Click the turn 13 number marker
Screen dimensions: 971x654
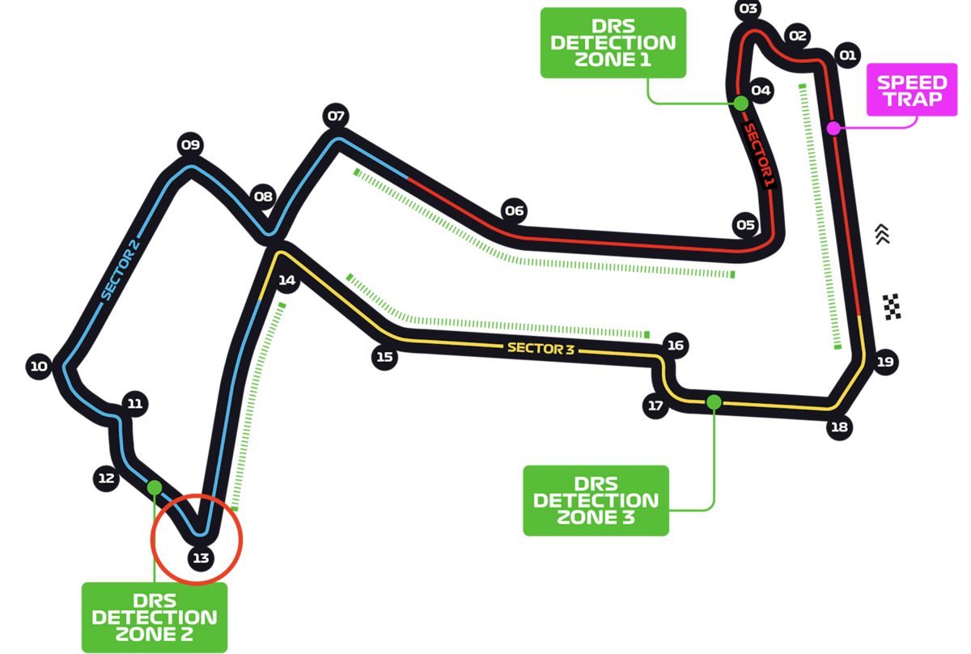tap(201, 558)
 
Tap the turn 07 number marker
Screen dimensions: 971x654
tap(336, 116)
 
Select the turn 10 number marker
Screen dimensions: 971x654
tap(39, 366)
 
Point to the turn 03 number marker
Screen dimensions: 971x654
tap(748, 9)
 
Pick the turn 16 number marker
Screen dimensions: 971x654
tap(676, 346)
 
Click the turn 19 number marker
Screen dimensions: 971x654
tap(885, 362)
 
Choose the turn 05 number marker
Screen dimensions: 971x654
tap(745, 225)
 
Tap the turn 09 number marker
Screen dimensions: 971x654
tap(190, 144)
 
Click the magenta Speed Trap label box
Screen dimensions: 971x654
tap(912, 90)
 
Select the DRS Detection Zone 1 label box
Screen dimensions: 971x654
tap(613, 43)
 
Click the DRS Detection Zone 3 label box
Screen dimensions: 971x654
tap(596, 500)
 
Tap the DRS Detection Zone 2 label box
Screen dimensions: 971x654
tap(155, 617)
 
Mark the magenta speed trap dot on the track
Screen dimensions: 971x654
tap(833, 129)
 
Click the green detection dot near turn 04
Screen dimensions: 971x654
tap(741, 104)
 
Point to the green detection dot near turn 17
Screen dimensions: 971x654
tap(714, 402)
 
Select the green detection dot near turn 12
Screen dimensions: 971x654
tap(155, 487)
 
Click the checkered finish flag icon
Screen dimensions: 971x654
tap(892, 307)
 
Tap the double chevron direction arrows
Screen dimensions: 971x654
tap(882, 234)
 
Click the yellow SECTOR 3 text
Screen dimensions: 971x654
tap(541, 348)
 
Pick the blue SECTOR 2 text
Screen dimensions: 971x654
tap(120, 270)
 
